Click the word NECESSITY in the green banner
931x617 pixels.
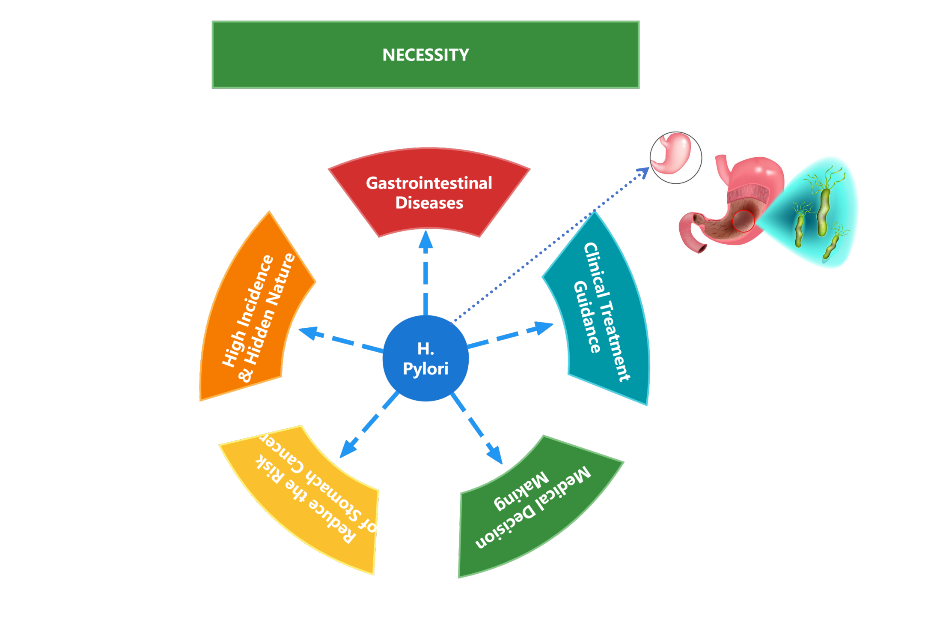pyautogui.click(x=425, y=55)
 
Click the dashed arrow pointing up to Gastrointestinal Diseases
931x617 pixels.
pyautogui.click(x=425, y=274)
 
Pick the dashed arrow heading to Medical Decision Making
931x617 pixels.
pyautogui.click(x=477, y=428)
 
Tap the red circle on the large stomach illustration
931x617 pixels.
pyautogui.click(x=744, y=221)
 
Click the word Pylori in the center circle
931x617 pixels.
pyautogui.click(x=425, y=369)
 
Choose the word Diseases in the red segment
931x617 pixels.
pyautogui.click(x=429, y=203)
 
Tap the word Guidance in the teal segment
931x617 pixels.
pyautogui.click(x=587, y=317)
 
